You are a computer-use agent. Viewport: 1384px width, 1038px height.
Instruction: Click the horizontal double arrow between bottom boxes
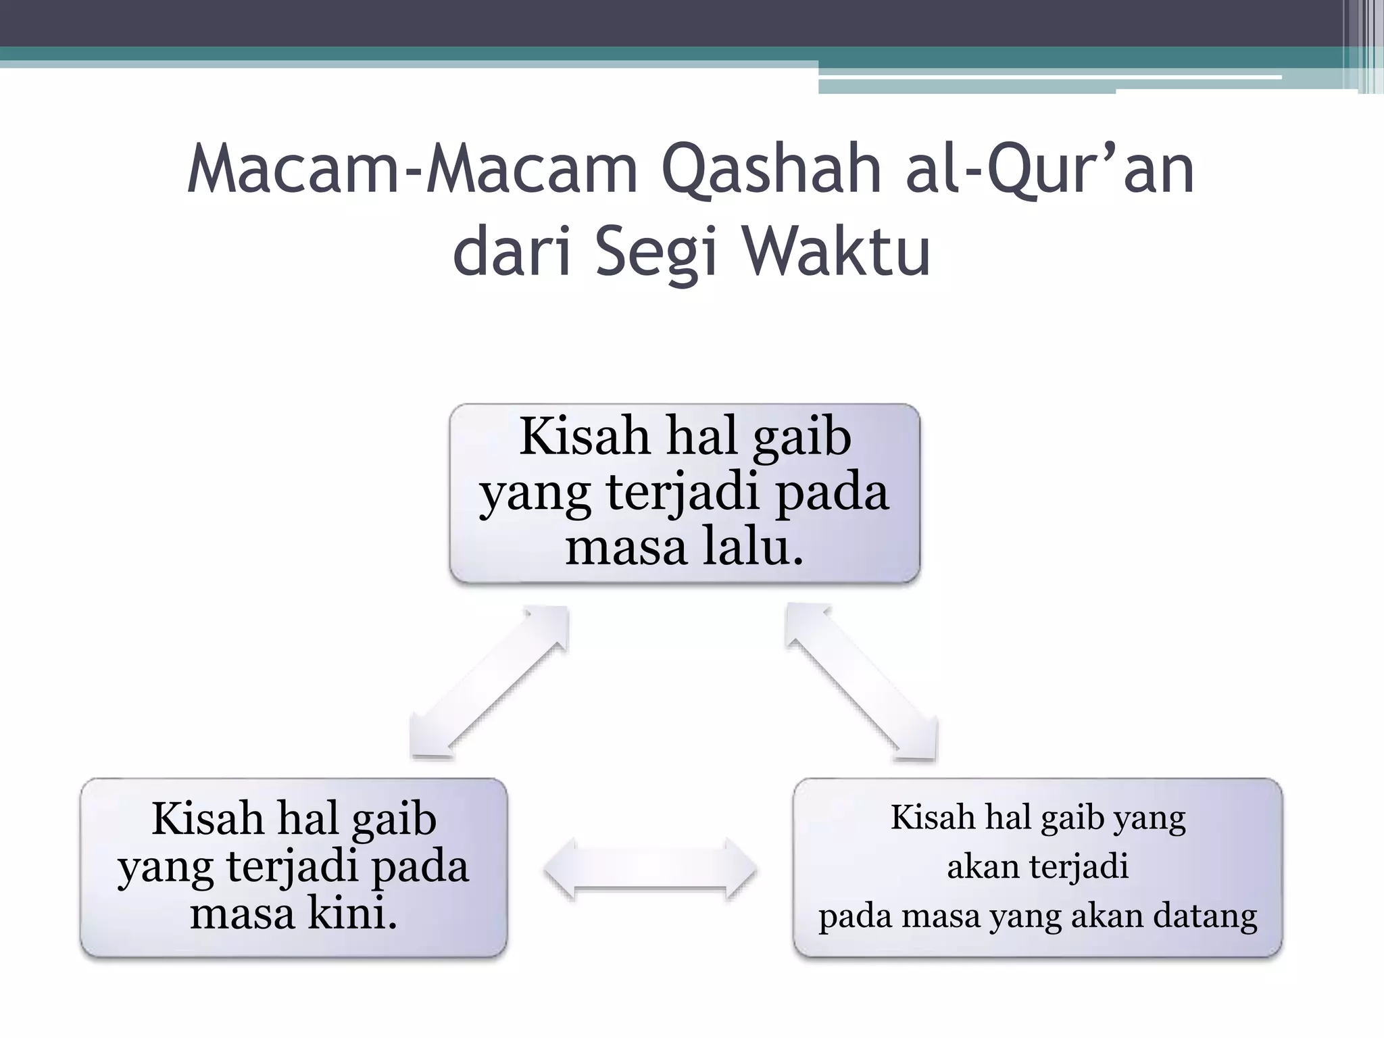pyautogui.click(x=650, y=869)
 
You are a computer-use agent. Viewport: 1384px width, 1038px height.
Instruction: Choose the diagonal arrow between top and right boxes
pyautogui.click(x=862, y=682)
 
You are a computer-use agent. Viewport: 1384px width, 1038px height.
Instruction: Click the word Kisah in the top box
pyautogui.click(x=585, y=438)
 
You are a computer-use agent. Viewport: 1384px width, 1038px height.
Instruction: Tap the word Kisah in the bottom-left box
pyautogui.click(x=208, y=820)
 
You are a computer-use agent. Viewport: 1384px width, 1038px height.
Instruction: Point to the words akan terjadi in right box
pyautogui.click(x=1037, y=867)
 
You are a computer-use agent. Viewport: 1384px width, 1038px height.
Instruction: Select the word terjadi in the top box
pyautogui.click(x=683, y=493)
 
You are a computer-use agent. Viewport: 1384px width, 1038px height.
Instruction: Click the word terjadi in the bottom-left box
pyautogui.click(x=292, y=866)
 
